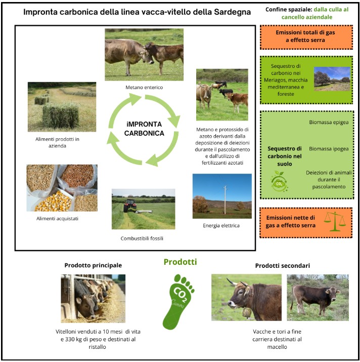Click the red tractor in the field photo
coord(130,205)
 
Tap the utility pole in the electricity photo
coord(226,200)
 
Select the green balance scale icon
coord(335,221)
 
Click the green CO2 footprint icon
coord(178,302)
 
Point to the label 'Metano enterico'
coord(144,87)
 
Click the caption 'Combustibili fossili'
coord(142,238)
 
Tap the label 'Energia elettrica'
coord(221,225)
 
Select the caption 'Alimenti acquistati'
coord(57,218)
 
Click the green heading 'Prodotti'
coord(181,262)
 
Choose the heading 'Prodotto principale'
coord(93,265)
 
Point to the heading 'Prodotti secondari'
coord(283,265)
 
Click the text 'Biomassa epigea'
coord(329,122)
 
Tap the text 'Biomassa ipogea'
coord(329,149)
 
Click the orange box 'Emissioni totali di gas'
coord(306,37)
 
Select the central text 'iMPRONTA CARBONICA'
coord(144,129)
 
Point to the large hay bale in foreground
coord(61,115)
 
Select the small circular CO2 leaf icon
coord(279,182)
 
